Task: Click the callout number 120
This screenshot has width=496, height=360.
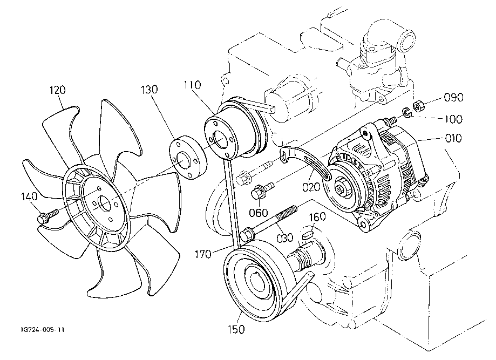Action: click(58, 90)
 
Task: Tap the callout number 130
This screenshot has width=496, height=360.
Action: click(149, 90)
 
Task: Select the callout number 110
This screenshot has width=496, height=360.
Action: click(192, 85)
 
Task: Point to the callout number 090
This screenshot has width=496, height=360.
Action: click(453, 97)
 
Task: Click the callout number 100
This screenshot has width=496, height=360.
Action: click(453, 119)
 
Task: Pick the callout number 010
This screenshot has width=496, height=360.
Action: click(453, 138)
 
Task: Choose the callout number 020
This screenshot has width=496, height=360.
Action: click(311, 187)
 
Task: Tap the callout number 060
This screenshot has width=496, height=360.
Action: click(259, 213)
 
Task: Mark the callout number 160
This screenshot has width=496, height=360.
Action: click(317, 216)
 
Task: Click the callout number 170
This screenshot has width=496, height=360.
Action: click(203, 254)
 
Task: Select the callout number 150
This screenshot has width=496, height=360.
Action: click(236, 329)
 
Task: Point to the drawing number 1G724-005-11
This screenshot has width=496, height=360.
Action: click(43, 330)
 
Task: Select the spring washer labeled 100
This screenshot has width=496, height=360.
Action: click(406, 112)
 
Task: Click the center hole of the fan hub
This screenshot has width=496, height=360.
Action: click(105, 203)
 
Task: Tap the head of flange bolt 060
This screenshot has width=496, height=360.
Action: click(256, 193)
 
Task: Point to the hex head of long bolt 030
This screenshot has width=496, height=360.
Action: click(247, 235)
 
